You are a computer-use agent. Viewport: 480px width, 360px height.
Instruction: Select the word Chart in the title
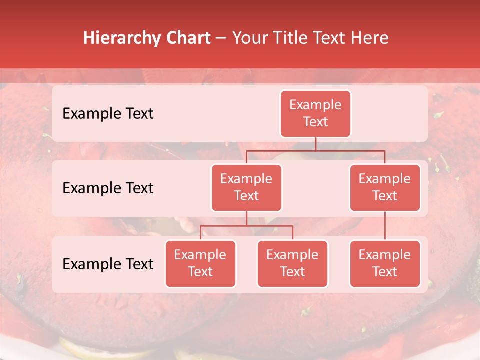point(187,38)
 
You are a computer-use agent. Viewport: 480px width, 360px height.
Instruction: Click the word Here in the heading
point(369,38)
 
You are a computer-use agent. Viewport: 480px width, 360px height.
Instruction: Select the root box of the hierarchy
point(315,114)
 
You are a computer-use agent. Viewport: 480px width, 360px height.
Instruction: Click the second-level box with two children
point(246,188)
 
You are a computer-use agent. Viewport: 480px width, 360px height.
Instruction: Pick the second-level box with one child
point(385,188)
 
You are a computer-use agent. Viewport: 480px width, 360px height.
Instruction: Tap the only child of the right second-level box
point(385,264)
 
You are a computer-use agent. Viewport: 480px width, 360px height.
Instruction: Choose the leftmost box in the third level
point(200,264)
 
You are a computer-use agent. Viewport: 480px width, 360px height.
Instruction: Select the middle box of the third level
point(292,264)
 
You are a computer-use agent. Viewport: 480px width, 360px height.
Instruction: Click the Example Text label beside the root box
point(108,114)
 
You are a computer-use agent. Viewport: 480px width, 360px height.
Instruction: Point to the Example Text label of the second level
point(108,188)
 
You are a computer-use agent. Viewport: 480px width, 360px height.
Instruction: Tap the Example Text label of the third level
point(108,264)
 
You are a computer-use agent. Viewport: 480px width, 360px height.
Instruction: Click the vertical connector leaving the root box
point(315,144)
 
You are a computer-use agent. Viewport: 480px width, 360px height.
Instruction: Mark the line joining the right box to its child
point(385,226)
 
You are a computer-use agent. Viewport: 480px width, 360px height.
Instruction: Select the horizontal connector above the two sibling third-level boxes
point(246,226)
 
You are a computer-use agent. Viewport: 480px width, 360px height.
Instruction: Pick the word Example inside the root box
point(315,105)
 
